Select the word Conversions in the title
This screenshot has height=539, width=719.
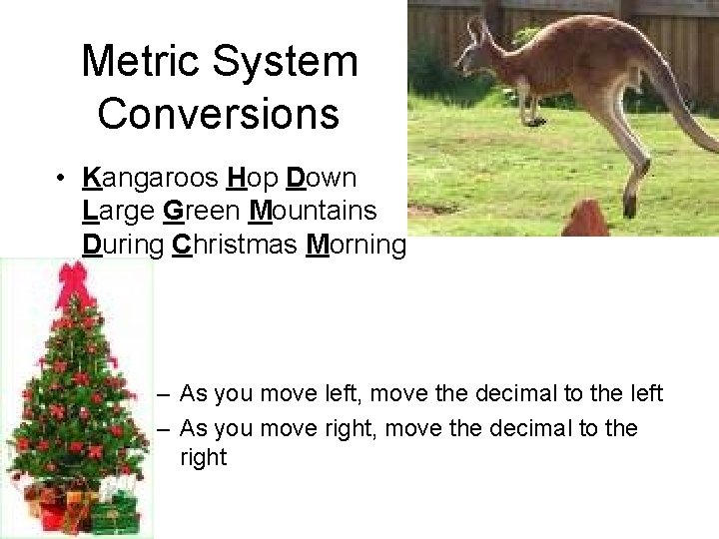[219, 113]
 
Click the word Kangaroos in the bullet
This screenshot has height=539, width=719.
[150, 179]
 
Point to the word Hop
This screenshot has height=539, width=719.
[253, 179]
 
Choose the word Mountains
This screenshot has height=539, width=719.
[313, 212]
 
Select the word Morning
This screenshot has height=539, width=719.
[356, 245]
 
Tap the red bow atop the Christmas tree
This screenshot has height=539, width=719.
[74, 283]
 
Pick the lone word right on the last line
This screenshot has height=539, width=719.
[204, 458]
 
